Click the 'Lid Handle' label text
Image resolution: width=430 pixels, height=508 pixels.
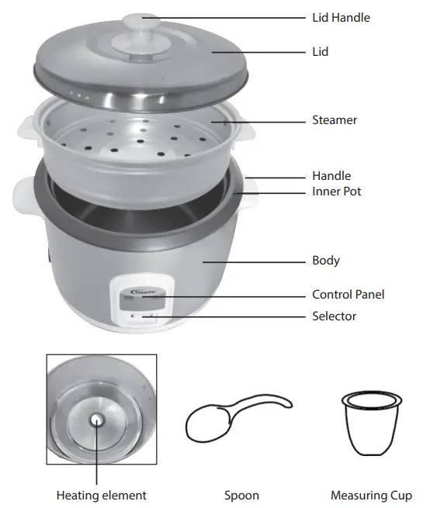[x=341, y=18]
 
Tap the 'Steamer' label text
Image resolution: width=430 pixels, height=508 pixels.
[x=335, y=121]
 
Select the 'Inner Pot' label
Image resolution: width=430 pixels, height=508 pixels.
[x=336, y=192]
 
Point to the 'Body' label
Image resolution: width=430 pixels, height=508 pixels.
[x=326, y=261]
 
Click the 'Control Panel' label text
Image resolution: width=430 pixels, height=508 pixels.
[x=348, y=295]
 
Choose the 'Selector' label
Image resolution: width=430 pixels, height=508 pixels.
[x=334, y=316]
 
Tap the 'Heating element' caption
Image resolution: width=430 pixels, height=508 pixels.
[x=101, y=495]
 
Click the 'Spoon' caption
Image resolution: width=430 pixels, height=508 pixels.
[x=241, y=495]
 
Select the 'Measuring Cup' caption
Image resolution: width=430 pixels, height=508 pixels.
[x=371, y=495]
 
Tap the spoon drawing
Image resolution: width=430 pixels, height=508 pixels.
[x=233, y=420]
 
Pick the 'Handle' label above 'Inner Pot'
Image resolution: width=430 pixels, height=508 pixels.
[x=331, y=176]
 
